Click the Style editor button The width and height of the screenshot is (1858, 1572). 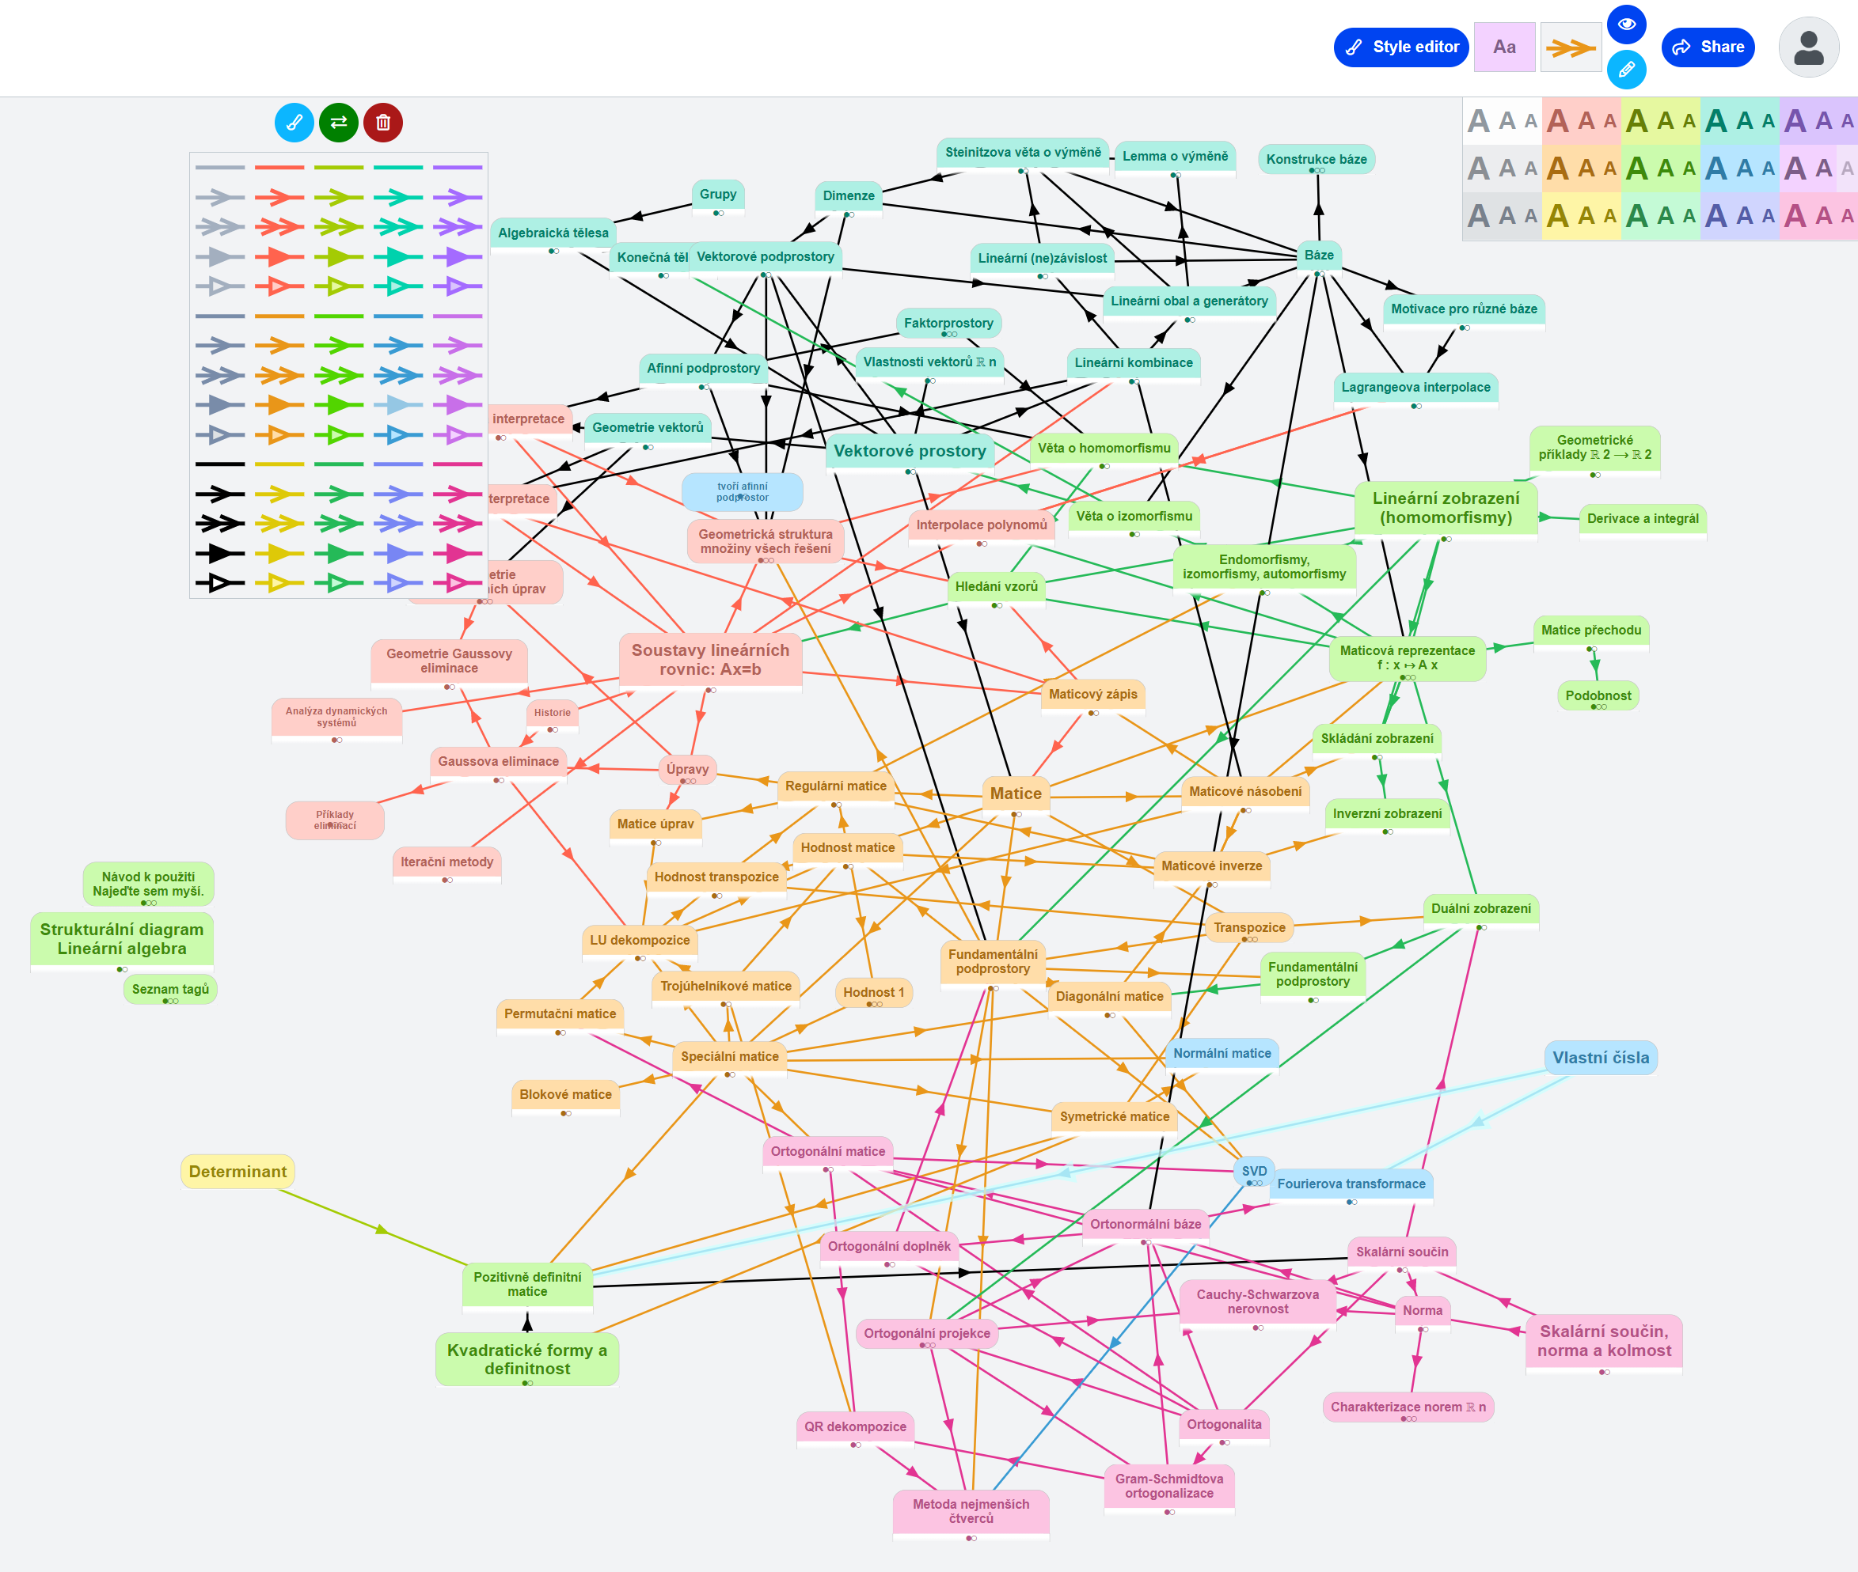[x=1400, y=47]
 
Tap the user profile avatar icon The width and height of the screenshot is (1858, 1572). [x=1808, y=47]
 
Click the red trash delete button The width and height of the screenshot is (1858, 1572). [x=383, y=122]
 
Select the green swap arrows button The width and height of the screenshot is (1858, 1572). [x=339, y=122]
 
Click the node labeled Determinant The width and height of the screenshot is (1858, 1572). [x=238, y=1172]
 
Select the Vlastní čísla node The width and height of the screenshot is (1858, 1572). [x=1601, y=1058]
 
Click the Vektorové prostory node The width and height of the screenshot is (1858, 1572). [x=910, y=451]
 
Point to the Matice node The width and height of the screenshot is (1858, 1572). [x=1016, y=794]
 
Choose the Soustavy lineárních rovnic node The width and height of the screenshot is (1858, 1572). [x=711, y=661]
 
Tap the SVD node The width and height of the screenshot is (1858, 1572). [x=1253, y=1171]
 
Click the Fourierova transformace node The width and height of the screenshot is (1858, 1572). [x=1351, y=1184]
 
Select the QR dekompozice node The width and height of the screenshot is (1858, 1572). [x=855, y=1426]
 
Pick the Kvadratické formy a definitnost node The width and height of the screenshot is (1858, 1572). [x=527, y=1359]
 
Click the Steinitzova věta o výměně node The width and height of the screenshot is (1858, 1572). [x=1023, y=153]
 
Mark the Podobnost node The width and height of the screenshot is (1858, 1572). [x=1598, y=696]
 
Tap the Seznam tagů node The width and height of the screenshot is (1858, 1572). [x=170, y=989]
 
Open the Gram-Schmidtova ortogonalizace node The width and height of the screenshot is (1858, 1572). [x=1168, y=1487]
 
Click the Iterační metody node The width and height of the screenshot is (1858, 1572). [x=446, y=862]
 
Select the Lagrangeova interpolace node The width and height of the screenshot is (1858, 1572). [x=1415, y=388]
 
